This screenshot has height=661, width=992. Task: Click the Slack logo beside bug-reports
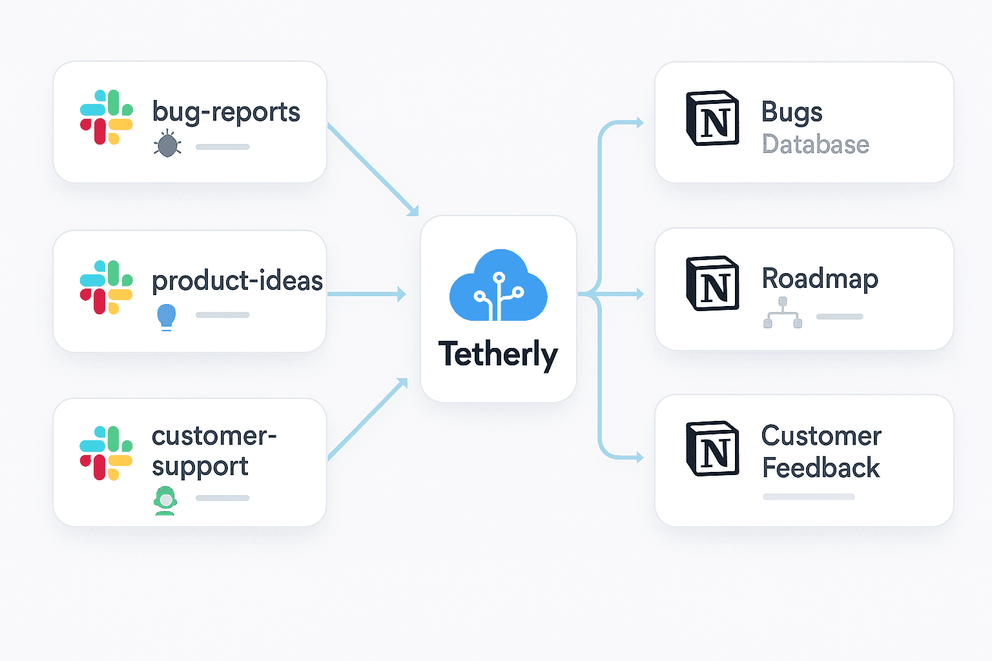[107, 117]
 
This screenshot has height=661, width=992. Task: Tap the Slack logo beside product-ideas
[107, 287]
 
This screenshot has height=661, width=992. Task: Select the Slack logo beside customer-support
[107, 453]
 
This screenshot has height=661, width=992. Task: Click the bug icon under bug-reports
[167, 144]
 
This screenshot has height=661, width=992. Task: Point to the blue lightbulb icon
[167, 316]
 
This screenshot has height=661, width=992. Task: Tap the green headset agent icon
[165, 500]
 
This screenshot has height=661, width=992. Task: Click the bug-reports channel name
[226, 112]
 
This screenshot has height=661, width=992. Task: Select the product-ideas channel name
[237, 281]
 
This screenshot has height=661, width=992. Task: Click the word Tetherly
[498, 354]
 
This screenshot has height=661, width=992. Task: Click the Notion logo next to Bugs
[712, 118]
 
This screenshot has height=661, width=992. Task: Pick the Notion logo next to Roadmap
[712, 283]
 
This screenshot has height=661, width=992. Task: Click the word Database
[815, 145]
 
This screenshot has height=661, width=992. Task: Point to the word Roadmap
[820, 279]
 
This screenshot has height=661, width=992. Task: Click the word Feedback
[821, 468]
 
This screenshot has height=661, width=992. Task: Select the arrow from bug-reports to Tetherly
[373, 169]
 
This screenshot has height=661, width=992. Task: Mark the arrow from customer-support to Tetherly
[368, 419]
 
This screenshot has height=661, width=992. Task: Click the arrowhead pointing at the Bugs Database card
[639, 123]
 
